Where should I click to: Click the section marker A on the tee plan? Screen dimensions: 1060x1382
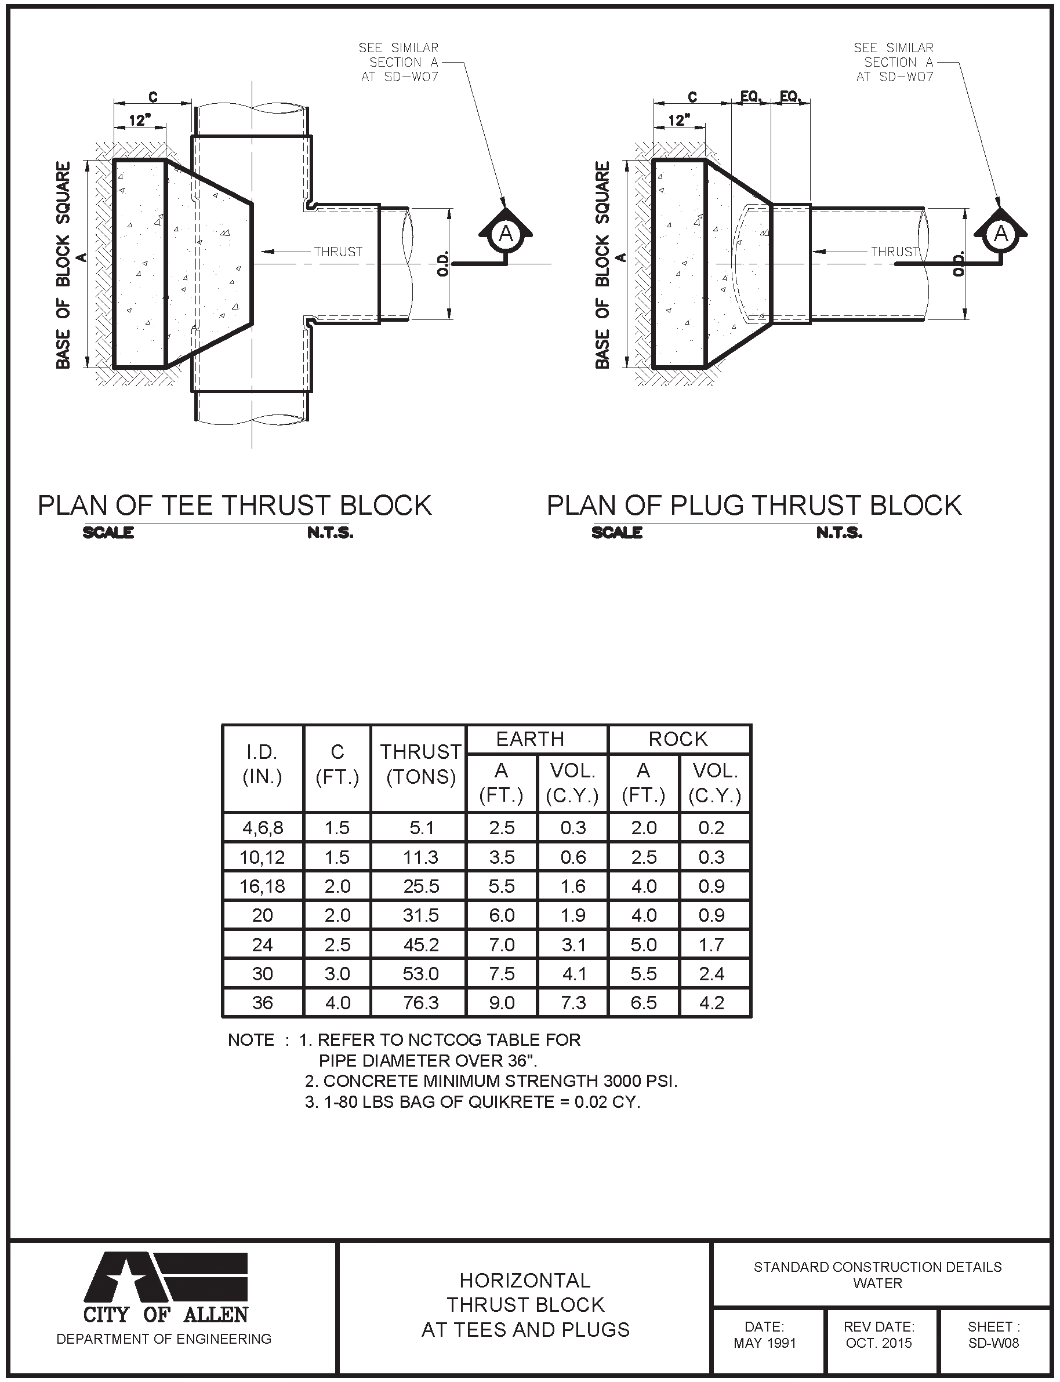(x=506, y=235)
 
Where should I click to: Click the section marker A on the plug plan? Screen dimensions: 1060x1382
(x=1001, y=235)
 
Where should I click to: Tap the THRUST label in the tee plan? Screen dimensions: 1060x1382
(x=338, y=252)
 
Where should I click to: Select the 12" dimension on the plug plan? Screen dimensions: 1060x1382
(x=679, y=120)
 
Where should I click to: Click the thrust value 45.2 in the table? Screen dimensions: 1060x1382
(x=421, y=945)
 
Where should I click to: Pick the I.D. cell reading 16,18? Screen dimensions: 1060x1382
(x=263, y=887)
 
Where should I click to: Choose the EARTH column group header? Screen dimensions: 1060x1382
(x=530, y=739)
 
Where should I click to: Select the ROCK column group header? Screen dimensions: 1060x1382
(x=678, y=739)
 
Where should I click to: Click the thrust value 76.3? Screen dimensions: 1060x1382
(x=421, y=1003)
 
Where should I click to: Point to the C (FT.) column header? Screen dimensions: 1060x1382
(x=337, y=765)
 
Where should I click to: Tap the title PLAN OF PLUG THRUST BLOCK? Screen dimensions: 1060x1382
(x=754, y=506)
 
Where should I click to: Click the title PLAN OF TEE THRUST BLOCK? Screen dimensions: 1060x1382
(x=235, y=506)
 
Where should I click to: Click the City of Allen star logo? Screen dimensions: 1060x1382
(x=165, y=1278)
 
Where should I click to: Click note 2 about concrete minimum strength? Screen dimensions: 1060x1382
(x=491, y=1081)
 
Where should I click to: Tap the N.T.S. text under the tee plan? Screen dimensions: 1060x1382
(x=331, y=533)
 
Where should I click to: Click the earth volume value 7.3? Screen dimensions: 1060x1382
(x=573, y=1003)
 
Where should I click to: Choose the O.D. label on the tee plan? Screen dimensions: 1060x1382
(x=443, y=264)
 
